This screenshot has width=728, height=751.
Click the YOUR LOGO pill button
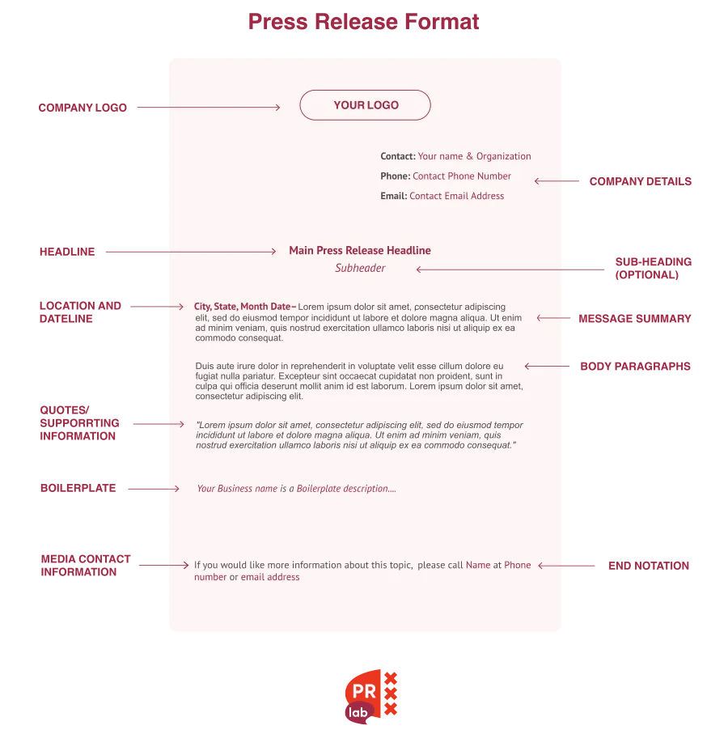[365, 105]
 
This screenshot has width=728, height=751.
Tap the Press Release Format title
[363, 22]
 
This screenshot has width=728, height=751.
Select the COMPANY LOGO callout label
[83, 108]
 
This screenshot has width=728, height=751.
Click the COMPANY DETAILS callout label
[640, 181]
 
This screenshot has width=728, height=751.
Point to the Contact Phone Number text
[462, 176]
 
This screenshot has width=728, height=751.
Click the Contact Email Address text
[456, 196]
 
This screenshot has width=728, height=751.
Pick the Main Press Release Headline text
[360, 251]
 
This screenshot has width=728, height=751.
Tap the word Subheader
[360, 269]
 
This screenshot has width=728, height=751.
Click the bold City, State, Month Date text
[243, 308]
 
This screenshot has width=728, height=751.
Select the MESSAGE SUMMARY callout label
[635, 319]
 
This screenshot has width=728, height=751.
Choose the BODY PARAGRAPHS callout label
[635, 367]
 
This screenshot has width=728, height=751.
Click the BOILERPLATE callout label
[78, 489]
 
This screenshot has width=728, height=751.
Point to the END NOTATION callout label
[648, 566]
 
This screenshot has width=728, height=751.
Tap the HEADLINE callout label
[67, 252]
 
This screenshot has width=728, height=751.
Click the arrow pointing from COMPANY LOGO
[208, 107]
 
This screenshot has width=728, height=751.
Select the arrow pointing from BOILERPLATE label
[153, 489]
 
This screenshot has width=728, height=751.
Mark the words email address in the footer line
[270, 578]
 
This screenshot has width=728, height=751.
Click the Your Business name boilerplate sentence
[296, 489]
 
